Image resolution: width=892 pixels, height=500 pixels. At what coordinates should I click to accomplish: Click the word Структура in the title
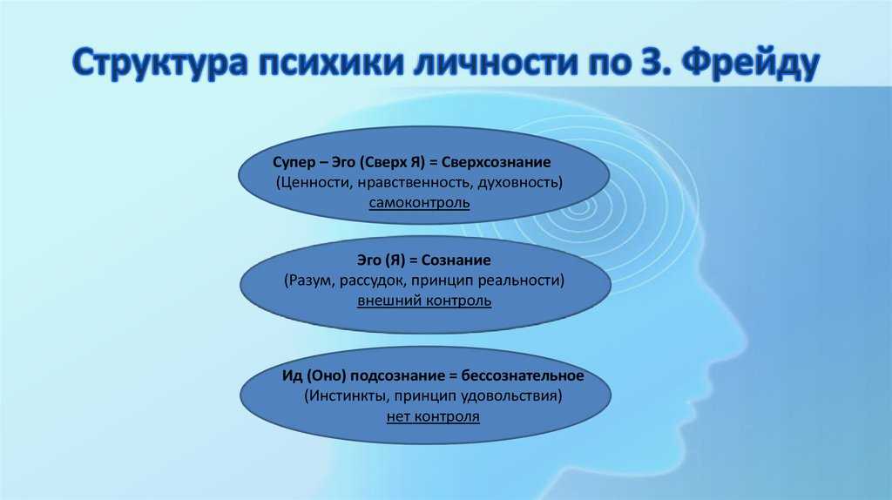[x=160, y=62]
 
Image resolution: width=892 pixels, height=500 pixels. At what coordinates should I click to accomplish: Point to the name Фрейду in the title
[x=750, y=64]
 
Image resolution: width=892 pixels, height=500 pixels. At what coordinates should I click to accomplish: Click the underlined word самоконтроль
[x=419, y=203]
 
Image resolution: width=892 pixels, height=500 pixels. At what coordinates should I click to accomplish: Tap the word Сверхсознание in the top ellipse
[x=496, y=162]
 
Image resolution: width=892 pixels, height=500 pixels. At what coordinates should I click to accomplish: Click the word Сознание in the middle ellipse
[x=456, y=260]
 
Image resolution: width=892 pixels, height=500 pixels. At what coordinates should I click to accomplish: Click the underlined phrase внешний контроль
[x=424, y=301]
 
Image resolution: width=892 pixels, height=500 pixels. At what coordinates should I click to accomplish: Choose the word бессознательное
[x=523, y=376]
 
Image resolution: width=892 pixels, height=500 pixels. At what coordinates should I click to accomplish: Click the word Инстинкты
[x=347, y=395]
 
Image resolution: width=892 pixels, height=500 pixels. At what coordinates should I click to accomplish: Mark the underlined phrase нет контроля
[x=433, y=416]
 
